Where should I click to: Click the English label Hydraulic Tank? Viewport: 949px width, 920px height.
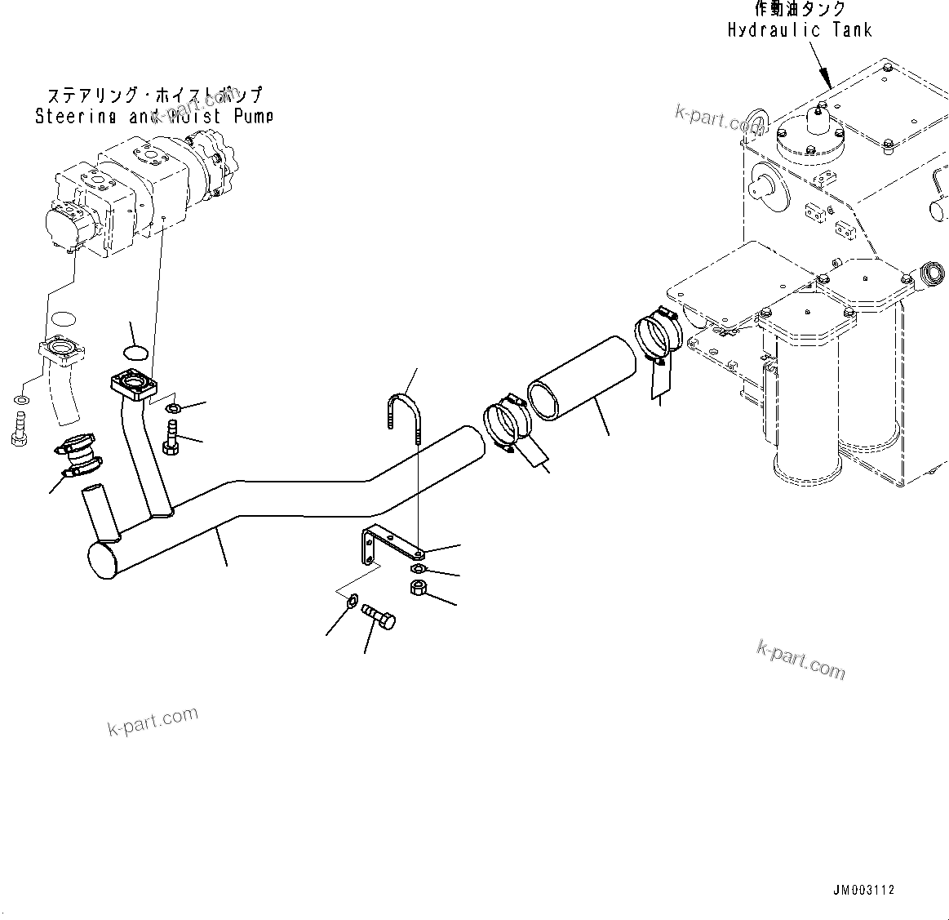tap(800, 30)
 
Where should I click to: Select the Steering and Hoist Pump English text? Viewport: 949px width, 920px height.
tap(153, 116)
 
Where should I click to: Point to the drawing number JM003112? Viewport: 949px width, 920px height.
tap(863, 890)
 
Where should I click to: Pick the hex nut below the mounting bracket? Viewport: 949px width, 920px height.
tap(416, 589)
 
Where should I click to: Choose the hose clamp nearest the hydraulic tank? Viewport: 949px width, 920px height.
tap(658, 331)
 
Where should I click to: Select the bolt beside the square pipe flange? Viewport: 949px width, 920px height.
tap(171, 433)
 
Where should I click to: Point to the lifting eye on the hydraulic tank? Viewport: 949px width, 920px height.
tap(757, 125)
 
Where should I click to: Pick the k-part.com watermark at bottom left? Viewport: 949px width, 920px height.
tap(153, 719)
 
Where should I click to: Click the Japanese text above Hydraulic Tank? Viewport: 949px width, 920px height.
tap(800, 10)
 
